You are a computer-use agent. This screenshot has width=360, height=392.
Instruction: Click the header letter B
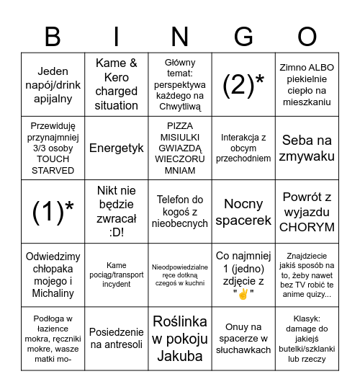click(x=53, y=35)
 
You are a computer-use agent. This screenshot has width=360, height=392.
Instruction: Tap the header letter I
click(x=116, y=35)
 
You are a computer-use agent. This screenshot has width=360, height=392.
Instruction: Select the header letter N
click(x=179, y=35)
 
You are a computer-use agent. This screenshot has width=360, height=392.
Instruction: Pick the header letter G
click(x=243, y=35)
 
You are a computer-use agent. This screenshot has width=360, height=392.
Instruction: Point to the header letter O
click(x=307, y=35)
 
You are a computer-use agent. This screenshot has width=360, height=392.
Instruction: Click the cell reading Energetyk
click(x=117, y=148)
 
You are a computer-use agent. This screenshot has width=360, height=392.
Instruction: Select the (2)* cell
click(x=243, y=85)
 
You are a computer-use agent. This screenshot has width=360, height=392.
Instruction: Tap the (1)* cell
click(x=53, y=211)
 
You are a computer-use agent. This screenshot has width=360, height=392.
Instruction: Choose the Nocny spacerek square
click(x=243, y=211)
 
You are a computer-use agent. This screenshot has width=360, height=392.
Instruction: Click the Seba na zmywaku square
click(x=307, y=148)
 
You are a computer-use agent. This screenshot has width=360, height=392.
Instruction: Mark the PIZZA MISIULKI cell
click(x=180, y=148)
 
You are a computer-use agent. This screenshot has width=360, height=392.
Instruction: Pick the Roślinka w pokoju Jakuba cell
click(x=180, y=339)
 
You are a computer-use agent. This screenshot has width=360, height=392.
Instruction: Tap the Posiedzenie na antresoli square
click(x=117, y=339)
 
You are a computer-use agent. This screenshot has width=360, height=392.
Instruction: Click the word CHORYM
click(x=307, y=227)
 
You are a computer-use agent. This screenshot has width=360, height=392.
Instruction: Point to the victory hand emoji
click(x=243, y=293)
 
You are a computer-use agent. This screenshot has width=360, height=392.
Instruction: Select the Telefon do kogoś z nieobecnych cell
click(x=180, y=211)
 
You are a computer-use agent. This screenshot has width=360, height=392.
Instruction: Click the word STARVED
click(x=53, y=170)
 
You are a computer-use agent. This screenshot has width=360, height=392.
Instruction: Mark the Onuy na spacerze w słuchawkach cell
click(x=243, y=339)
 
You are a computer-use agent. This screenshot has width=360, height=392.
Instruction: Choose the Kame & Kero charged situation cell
click(x=117, y=84)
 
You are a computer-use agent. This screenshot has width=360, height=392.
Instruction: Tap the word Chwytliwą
click(x=180, y=107)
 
